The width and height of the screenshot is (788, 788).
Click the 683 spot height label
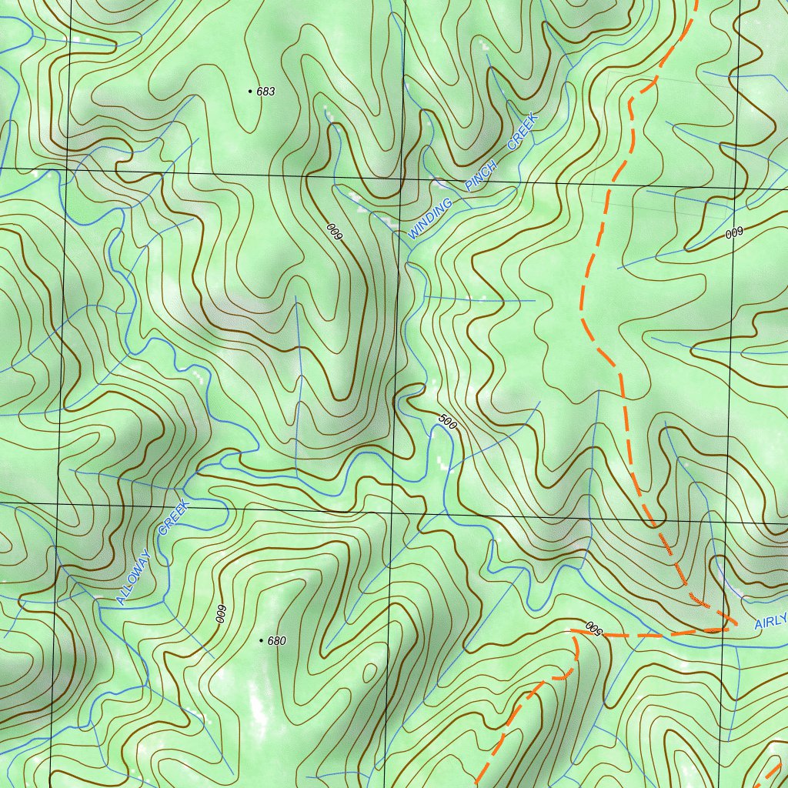click(x=265, y=92)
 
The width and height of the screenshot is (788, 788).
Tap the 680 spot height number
click(x=277, y=641)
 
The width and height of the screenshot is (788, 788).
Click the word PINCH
click(x=482, y=175)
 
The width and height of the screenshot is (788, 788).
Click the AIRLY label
click(x=770, y=621)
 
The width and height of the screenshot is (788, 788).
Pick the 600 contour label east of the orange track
click(x=734, y=232)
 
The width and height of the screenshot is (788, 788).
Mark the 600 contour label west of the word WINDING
click(x=333, y=232)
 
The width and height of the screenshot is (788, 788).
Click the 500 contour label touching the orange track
click(x=592, y=627)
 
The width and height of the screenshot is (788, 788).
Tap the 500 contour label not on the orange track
click(x=448, y=420)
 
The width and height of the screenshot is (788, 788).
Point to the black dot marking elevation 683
click(x=250, y=92)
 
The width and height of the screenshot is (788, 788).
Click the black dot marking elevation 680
click(x=262, y=640)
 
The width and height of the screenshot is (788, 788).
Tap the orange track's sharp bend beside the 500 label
click(x=573, y=633)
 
